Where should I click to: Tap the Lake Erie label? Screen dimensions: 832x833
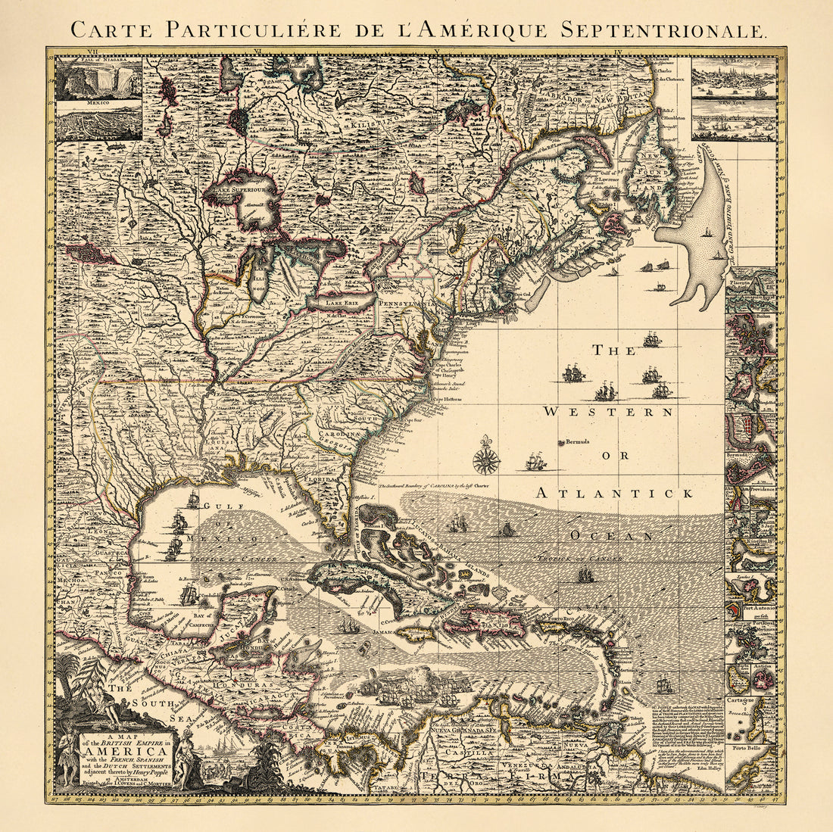click(x=339, y=302)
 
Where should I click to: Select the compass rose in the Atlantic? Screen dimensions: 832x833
click(x=485, y=460)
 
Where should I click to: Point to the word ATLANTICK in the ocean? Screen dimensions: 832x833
click(x=615, y=493)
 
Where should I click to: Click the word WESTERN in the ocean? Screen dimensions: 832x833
click(x=609, y=412)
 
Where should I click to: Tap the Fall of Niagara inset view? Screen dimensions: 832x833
click(x=99, y=80)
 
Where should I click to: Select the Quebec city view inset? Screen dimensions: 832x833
click(x=734, y=76)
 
